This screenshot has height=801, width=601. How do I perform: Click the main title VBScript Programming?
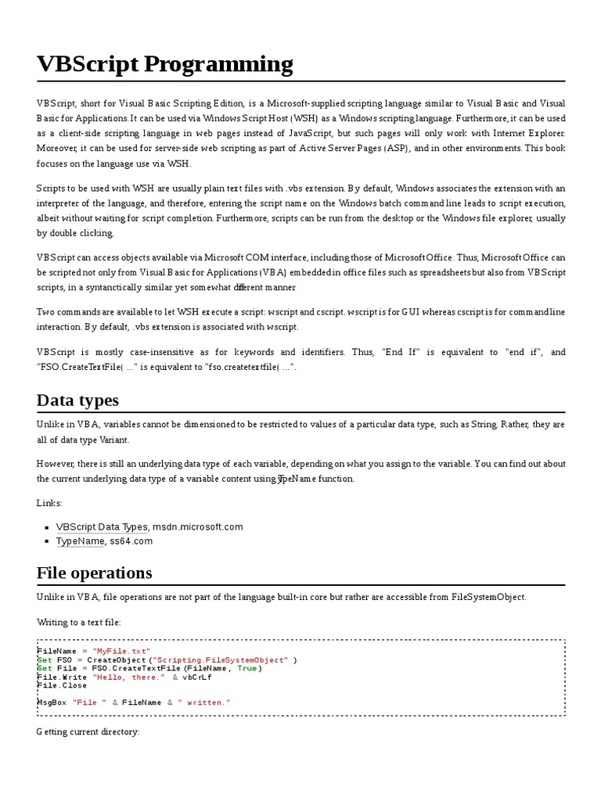pyautogui.click(x=165, y=64)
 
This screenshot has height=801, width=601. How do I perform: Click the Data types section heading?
pyautogui.click(x=77, y=400)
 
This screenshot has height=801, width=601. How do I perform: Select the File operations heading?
pyautogui.click(x=94, y=573)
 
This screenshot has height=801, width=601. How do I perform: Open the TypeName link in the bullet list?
pyautogui.click(x=80, y=541)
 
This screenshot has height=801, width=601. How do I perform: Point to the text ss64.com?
pyautogui.click(x=131, y=541)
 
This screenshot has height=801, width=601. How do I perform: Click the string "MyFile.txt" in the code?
pyautogui.click(x=121, y=651)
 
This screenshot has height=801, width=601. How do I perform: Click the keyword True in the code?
pyautogui.click(x=247, y=668)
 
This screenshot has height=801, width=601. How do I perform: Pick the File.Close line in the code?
pyautogui.click(x=62, y=685)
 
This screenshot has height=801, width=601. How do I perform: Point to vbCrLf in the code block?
pyautogui.click(x=197, y=677)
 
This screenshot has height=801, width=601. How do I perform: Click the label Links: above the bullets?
pyautogui.click(x=49, y=503)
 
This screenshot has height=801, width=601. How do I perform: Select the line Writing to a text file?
pyautogui.click(x=79, y=622)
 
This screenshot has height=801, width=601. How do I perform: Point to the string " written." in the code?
pyautogui.click(x=204, y=702)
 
